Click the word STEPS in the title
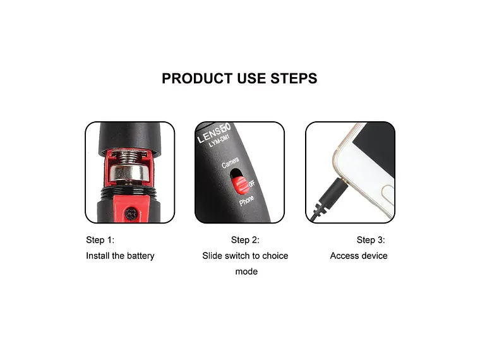click(294, 78)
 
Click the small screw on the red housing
click(131, 213)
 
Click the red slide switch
click(239, 184)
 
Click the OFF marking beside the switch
click(251, 184)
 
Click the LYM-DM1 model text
click(220, 145)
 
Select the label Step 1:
click(100, 240)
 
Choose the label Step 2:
click(245, 240)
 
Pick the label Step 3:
click(371, 240)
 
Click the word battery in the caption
click(139, 256)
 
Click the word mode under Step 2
click(246, 272)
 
